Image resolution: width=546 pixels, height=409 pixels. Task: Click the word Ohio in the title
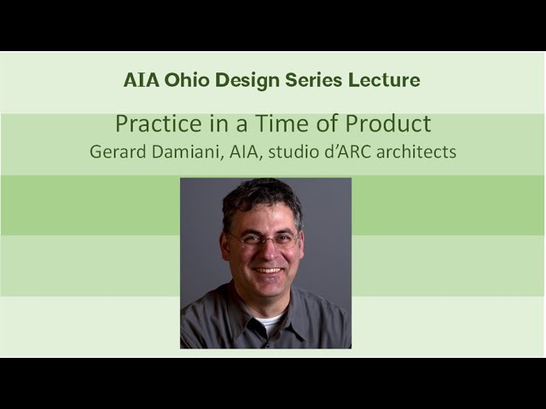click(183, 81)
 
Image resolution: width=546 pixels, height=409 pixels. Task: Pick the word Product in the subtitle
click(387, 124)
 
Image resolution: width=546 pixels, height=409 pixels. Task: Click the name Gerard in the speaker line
click(117, 153)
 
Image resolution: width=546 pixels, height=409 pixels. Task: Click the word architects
click(414, 153)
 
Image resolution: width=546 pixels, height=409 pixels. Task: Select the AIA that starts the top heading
click(142, 81)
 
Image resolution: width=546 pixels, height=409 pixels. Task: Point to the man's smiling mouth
click(267, 270)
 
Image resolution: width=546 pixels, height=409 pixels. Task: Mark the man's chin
click(268, 291)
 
